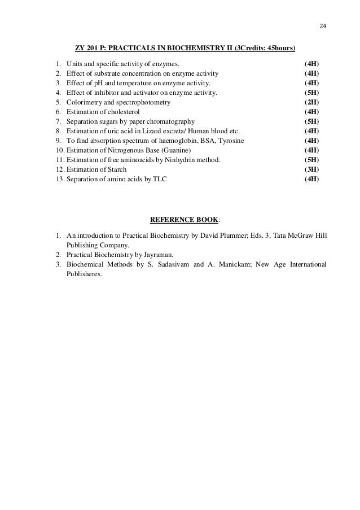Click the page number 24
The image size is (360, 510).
click(x=323, y=26)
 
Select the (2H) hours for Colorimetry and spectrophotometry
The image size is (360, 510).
click(x=311, y=102)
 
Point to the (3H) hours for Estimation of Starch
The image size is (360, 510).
click(x=311, y=169)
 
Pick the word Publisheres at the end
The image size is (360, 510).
click(x=84, y=274)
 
